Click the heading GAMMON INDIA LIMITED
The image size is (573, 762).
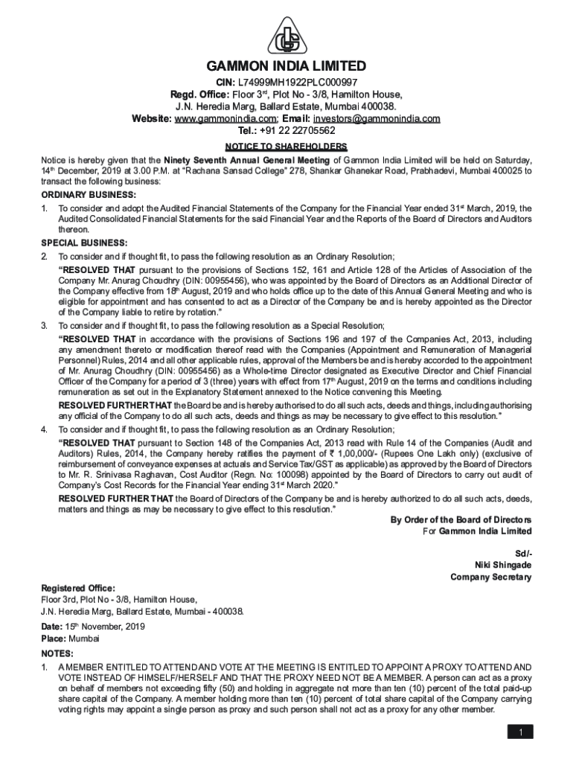pyautogui.click(x=286, y=66)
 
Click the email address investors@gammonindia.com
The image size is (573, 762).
pyautogui.click(x=377, y=118)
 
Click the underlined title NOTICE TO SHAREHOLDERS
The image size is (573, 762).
pyautogui.click(x=286, y=147)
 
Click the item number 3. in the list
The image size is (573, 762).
pyautogui.click(x=45, y=326)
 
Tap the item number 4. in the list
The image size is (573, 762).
pyautogui.click(x=45, y=430)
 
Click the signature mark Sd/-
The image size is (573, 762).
pyautogui.click(x=523, y=553)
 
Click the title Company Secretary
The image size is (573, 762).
pyautogui.click(x=491, y=577)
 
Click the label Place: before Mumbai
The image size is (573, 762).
pyautogui.click(x=54, y=638)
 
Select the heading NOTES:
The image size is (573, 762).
pyautogui.click(x=57, y=653)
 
